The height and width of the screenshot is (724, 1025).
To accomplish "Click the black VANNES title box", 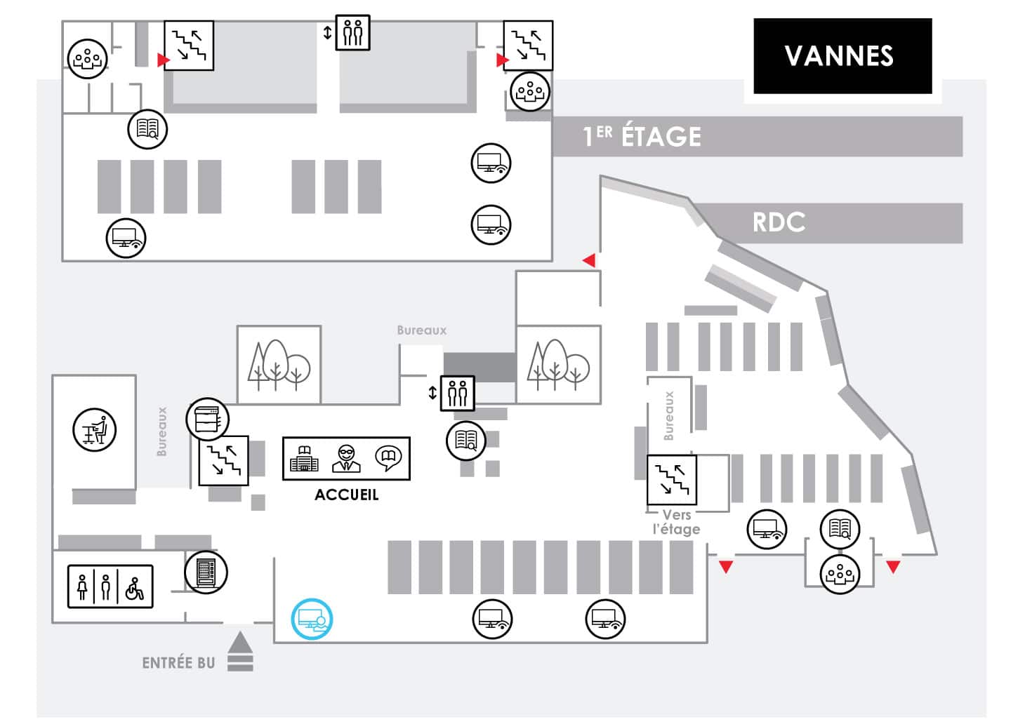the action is [842, 56].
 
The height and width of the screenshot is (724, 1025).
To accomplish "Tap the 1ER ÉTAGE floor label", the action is [642, 136].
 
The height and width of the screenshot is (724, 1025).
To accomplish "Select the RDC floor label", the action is [779, 222].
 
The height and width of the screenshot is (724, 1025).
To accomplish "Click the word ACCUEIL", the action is [346, 495].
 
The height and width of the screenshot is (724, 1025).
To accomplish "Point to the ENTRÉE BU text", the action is [178, 663].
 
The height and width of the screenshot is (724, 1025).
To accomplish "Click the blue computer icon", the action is [312, 619].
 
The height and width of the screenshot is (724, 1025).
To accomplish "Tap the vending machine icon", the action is [206, 572].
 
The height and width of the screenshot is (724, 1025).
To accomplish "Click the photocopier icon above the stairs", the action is [207, 419].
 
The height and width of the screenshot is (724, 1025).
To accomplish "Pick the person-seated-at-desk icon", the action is [95, 430].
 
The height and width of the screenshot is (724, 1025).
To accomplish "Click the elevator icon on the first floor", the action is [352, 32].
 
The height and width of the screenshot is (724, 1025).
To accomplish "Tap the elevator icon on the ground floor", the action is [457, 394].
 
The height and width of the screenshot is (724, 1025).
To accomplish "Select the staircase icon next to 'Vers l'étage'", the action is [671, 480].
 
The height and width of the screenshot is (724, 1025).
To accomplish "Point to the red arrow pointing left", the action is [589, 260].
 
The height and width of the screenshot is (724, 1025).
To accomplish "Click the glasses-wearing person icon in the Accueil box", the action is [346, 458].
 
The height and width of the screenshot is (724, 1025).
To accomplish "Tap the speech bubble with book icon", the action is [388, 458].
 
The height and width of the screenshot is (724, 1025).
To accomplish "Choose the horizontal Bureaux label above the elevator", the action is [421, 330].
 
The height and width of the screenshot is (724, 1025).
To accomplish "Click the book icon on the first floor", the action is [147, 129].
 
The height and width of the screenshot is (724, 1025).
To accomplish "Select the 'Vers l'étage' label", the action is [676, 522].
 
